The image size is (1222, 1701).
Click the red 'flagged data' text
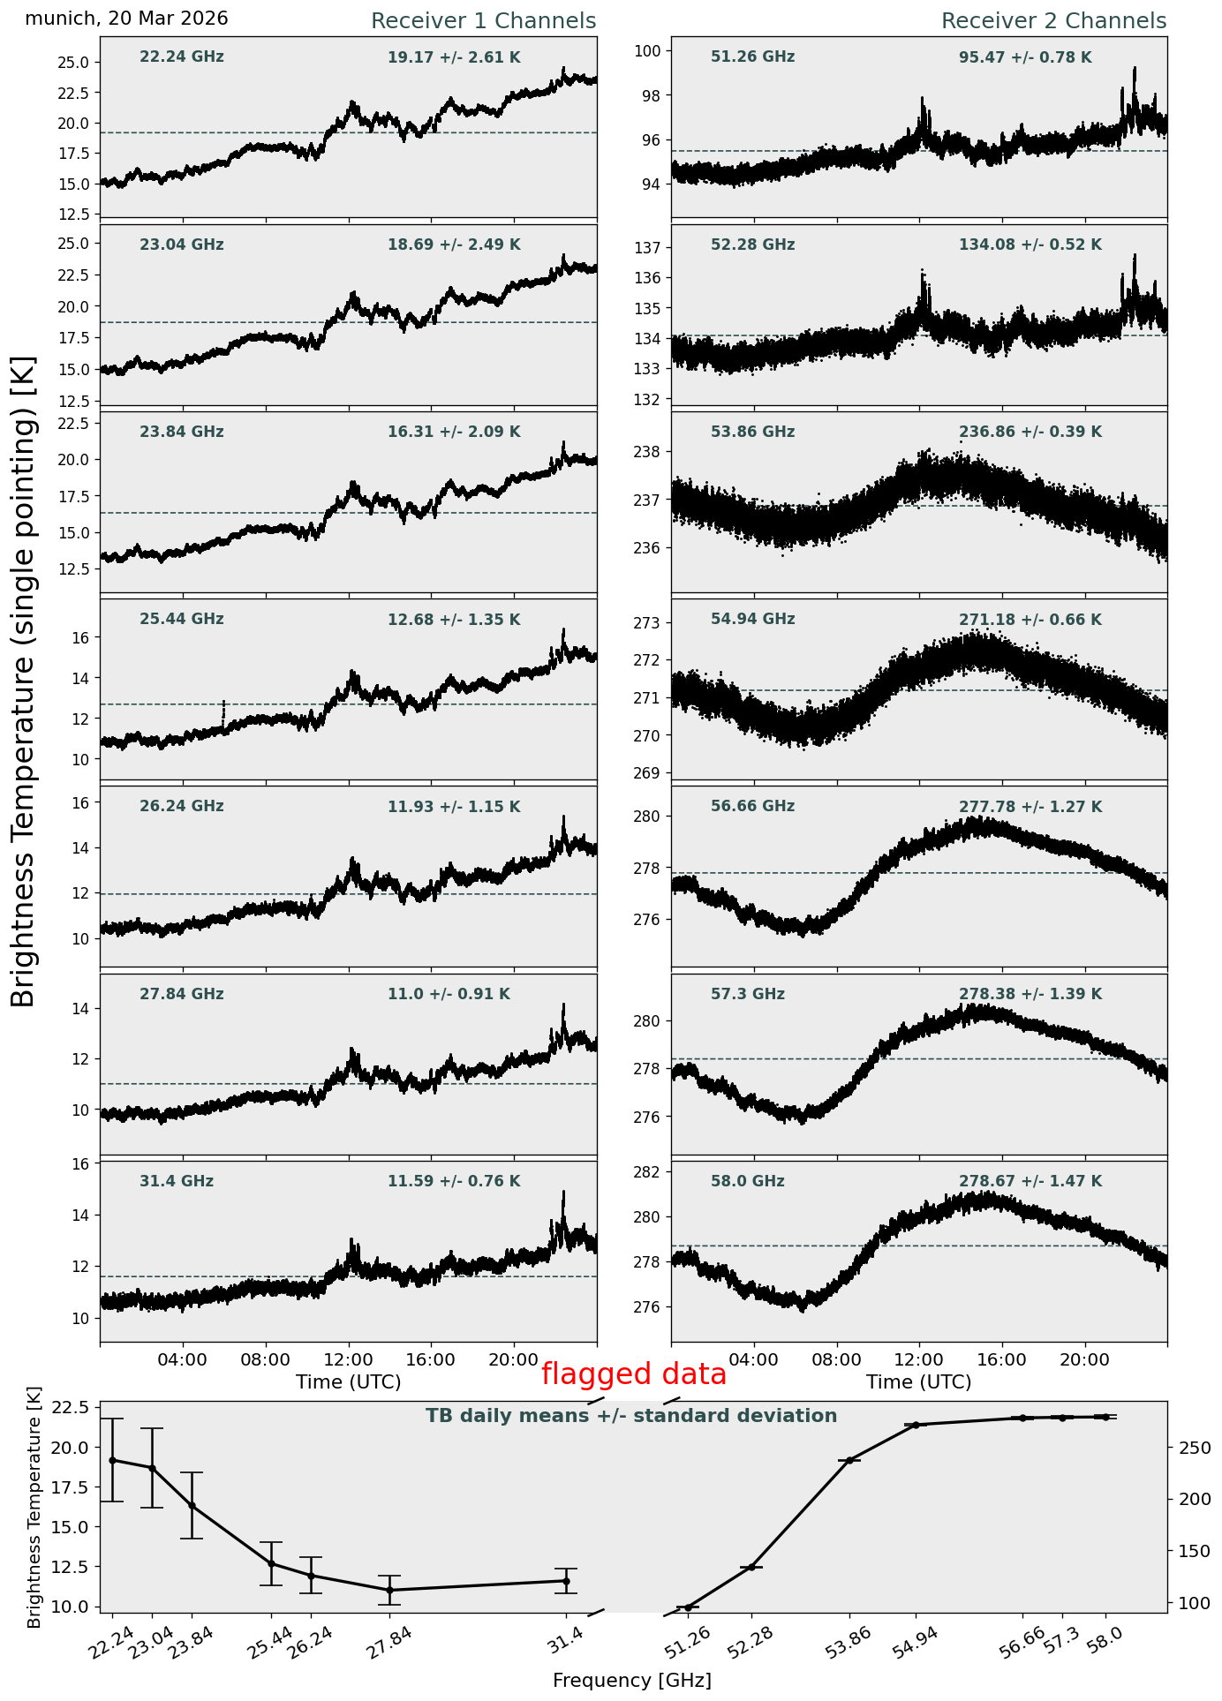pyautogui.click(x=634, y=1374)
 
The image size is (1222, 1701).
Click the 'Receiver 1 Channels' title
pyautogui.click(x=483, y=21)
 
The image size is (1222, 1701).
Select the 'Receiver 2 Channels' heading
pyautogui.click(x=1054, y=21)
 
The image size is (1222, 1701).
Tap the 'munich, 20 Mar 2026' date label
pyautogui.click(x=126, y=19)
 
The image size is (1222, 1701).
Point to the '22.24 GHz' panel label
pyautogui.click(x=182, y=57)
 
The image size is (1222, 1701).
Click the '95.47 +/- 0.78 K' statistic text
pyautogui.click(x=1025, y=58)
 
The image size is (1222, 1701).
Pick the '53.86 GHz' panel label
pyautogui.click(x=753, y=433)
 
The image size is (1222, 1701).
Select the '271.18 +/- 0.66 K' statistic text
pyautogui.click(x=1030, y=621)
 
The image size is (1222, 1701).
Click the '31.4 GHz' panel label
pyautogui.click(x=177, y=1181)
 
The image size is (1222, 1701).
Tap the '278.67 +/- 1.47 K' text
pyautogui.click(x=1030, y=1182)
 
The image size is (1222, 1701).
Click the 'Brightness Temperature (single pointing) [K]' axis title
pyautogui.click(x=24, y=681)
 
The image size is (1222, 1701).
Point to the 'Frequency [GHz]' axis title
pyautogui.click(x=632, y=1680)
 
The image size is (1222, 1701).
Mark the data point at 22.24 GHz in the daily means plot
pyautogui.click(x=112, y=1460)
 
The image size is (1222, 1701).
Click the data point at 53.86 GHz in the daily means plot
pyautogui.click(x=850, y=1460)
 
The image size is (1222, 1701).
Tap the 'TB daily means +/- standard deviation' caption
pyautogui.click(x=631, y=1416)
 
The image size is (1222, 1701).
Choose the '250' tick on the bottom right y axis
pyautogui.click(x=1188, y=1449)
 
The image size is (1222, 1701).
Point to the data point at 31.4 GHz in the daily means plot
pyautogui.click(x=566, y=1581)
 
